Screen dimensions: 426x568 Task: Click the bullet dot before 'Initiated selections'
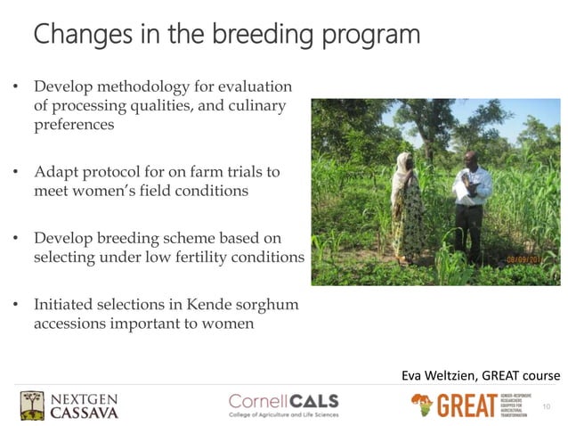(15, 306)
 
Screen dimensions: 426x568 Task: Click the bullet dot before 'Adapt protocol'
(15, 170)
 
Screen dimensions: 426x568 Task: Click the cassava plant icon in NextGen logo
(33, 406)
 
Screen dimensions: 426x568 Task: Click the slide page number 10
(546, 407)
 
